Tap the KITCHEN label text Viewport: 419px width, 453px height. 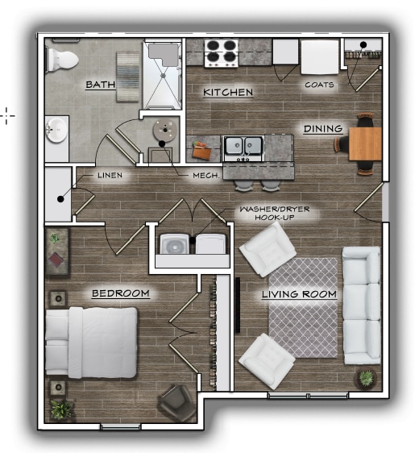click(228, 93)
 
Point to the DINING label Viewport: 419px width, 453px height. click(323, 129)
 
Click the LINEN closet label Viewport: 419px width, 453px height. click(110, 175)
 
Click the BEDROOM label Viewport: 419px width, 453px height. click(120, 293)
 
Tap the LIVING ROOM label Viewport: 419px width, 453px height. click(299, 294)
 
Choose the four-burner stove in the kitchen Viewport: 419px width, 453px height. click(220, 52)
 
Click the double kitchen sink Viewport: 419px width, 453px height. click(243, 146)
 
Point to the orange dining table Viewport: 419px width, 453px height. click(365, 143)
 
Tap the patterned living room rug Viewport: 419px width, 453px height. click(303, 308)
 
